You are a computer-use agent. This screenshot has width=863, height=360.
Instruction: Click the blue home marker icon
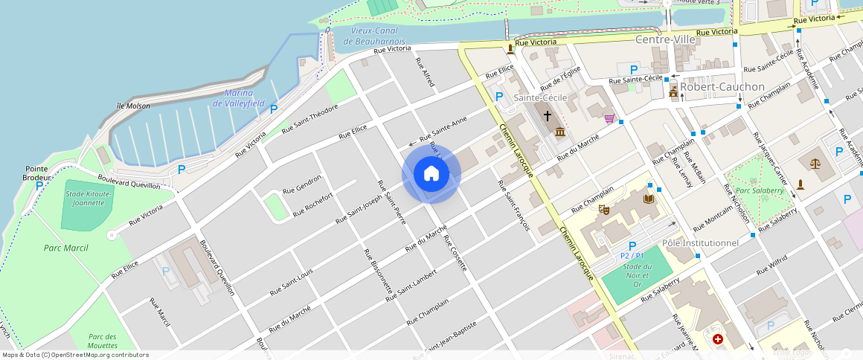click(431, 174)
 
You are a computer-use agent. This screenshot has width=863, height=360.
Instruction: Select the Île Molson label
click(133, 106)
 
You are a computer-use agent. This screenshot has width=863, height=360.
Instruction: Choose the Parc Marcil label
click(65, 248)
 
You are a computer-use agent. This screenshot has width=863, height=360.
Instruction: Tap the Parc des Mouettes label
click(102, 341)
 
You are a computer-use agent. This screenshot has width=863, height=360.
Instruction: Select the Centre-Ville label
click(664, 39)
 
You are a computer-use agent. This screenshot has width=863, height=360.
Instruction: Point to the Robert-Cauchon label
click(722, 86)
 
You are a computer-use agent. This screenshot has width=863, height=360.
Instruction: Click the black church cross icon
click(548, 116)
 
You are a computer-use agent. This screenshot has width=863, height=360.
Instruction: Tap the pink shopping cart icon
click(609, 118)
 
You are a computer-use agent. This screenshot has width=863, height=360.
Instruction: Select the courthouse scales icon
click(817, 161)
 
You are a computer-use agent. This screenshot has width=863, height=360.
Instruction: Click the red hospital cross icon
click(717, 339)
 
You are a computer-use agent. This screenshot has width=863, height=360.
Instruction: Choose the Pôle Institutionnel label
click(699, 242)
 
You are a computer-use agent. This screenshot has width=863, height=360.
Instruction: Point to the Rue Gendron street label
click(302, 184)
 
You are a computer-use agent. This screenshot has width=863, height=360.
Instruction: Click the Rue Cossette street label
click(455, 252)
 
